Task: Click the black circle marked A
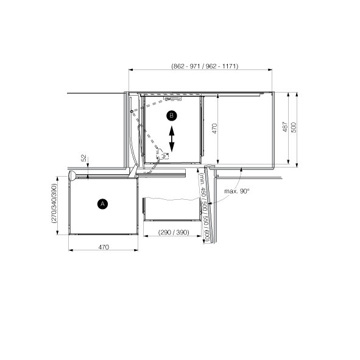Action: coord(102,204)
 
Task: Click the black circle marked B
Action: coord(172,116)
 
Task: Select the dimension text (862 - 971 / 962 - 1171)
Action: coord(205,66)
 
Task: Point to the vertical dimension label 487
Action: coord(285,127)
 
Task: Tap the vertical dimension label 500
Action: coord(294,127)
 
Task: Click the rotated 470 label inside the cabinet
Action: coord(214,129)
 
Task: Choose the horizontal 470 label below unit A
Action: coord(104,247)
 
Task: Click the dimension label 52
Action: coord(84,158)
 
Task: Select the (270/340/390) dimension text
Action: coord(54,203)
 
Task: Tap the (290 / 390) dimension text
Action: coord(174,232)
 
